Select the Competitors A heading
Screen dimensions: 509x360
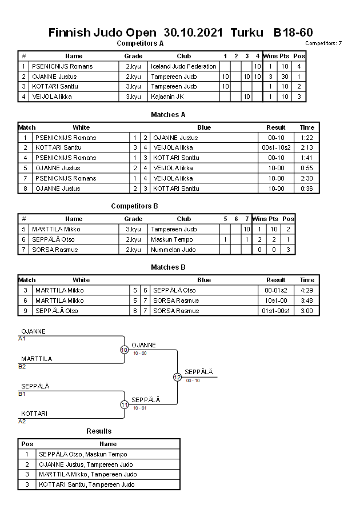[x=140, y=43]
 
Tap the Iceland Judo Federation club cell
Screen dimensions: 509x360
[x=183, y=66]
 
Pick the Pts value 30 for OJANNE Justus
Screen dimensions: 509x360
[x=284, y=77]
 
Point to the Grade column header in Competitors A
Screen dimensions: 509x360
[x=133, y=56]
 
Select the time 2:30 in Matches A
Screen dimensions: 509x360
[x=307, y=178]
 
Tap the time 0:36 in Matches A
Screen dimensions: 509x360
[x=307, y=189]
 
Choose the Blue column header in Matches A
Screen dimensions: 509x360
[x=204, y=127]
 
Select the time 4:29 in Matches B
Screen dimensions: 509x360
[x=307, y=290]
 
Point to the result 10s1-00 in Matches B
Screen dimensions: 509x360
[x=276, y=300]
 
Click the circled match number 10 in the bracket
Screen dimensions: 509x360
[x=124, y=350]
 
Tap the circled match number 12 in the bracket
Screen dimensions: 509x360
[x=177, y=377]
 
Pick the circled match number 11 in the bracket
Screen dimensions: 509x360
[x=124, y=404]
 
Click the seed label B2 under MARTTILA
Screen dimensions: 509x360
[x=22, y=366]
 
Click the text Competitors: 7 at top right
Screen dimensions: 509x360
[x=323, y=43]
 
